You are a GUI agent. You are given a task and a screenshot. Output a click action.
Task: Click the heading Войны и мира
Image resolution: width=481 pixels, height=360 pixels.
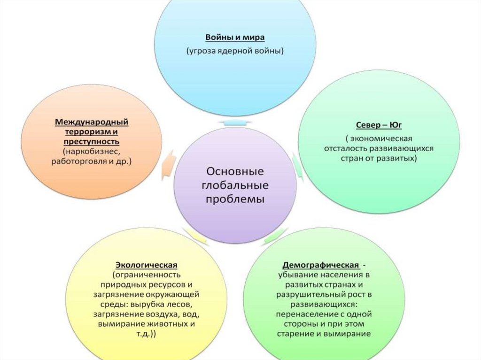tap(235, 37)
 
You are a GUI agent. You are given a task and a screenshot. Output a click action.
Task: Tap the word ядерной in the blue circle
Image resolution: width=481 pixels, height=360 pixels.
tap(241, 50)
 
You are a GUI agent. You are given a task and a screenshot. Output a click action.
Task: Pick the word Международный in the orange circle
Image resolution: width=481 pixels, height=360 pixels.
tap(92, 122)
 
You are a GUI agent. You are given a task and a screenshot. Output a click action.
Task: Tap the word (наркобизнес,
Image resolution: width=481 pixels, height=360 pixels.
tap(92, 151)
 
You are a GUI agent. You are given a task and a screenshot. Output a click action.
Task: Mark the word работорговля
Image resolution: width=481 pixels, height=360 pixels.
tap(80, 161)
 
